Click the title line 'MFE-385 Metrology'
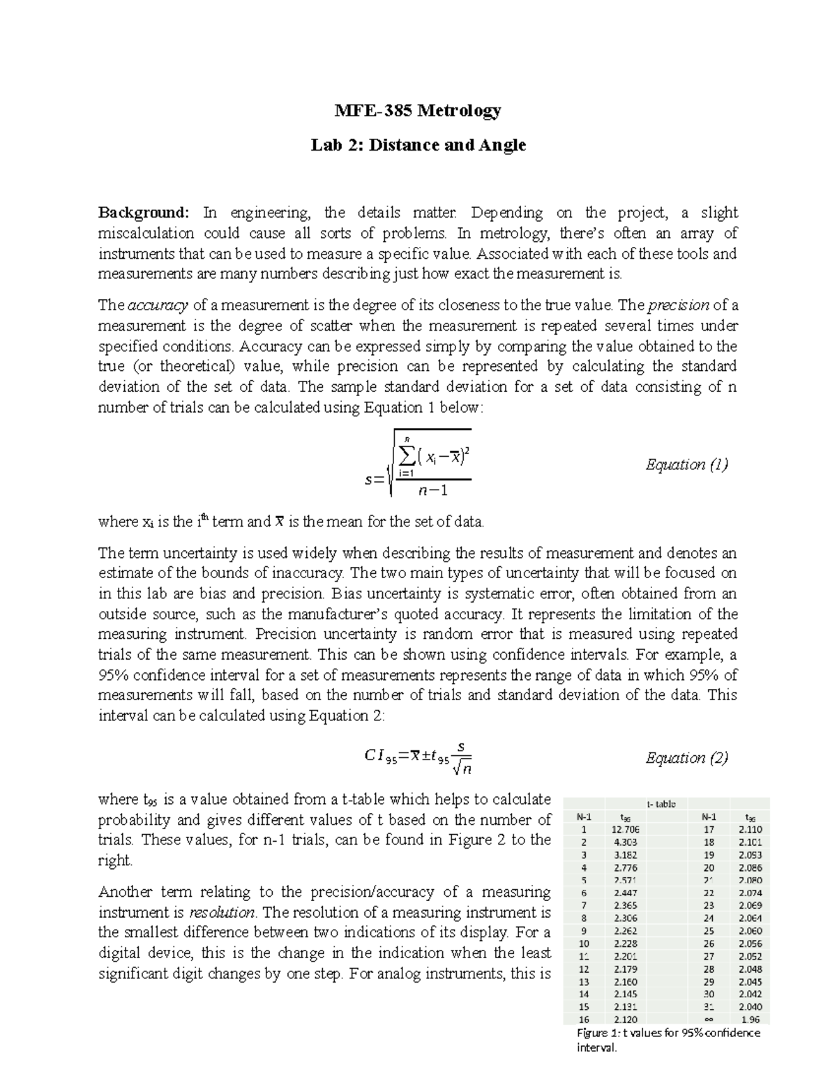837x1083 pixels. pyautogui.click(x=418, y=110)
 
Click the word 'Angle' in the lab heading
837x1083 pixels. pyautogui.click(x=502, y=145)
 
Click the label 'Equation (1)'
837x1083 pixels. pyautogui.click(x=686, y=464)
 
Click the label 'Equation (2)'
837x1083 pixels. pyautogui.click(x=686, y=757)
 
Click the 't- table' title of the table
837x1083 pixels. pyautogui.click(x=661, y=804)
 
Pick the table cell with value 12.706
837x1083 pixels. pyautogui.click(x=624, y=830)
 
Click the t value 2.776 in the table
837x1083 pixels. pyautogui.click(x=624, y=868)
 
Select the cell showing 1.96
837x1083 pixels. pyautogui.click(x=751, y=1019)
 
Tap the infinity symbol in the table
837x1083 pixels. pyautogui.click(x=709, y=1019)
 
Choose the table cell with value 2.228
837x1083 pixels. pyautogui.click(x=624, y=944)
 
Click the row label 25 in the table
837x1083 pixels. pyautogui.click(x=709, y=931)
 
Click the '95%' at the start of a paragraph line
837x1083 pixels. pyautogui.click(x=113, y=675)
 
